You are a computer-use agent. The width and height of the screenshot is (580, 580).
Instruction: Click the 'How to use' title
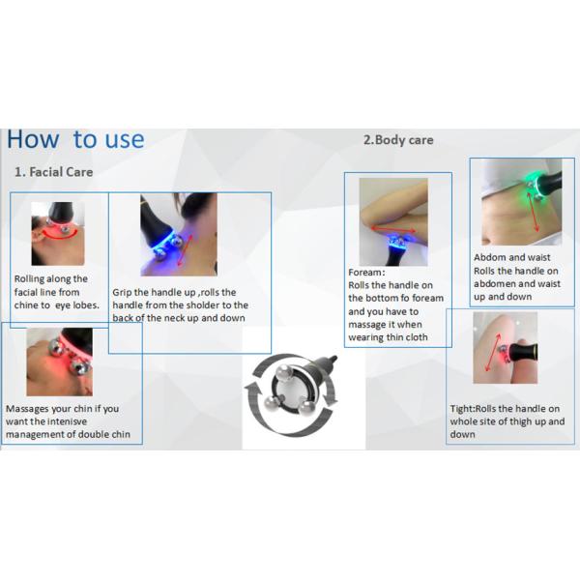tap(75, 139)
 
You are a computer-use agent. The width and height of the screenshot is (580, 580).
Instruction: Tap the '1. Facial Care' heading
tap(53, 172)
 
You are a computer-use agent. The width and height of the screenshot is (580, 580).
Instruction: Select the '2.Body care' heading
tap(398, 140)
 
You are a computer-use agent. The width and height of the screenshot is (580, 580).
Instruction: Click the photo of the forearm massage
tap(393, 222)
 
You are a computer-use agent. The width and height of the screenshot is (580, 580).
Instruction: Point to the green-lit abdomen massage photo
tap(522, 202)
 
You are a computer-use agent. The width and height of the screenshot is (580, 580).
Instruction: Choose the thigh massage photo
tap(506, 348)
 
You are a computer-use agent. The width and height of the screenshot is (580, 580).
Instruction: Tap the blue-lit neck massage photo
tap(179, 235)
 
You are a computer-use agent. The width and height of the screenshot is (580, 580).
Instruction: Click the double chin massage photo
tap(60, 362)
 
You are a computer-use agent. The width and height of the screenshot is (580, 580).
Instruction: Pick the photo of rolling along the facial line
tap(58, 233)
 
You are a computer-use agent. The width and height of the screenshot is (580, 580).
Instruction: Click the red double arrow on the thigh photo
tap(492, 353)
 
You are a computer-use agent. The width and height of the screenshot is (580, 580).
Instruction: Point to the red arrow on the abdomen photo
tap(533, 212)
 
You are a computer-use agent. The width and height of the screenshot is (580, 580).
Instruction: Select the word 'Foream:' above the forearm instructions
tap(366, 273)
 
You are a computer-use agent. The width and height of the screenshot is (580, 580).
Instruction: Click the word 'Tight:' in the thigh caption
tap(462, 409)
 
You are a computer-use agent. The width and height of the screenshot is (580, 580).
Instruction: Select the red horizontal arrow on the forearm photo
tap(392, 230)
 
